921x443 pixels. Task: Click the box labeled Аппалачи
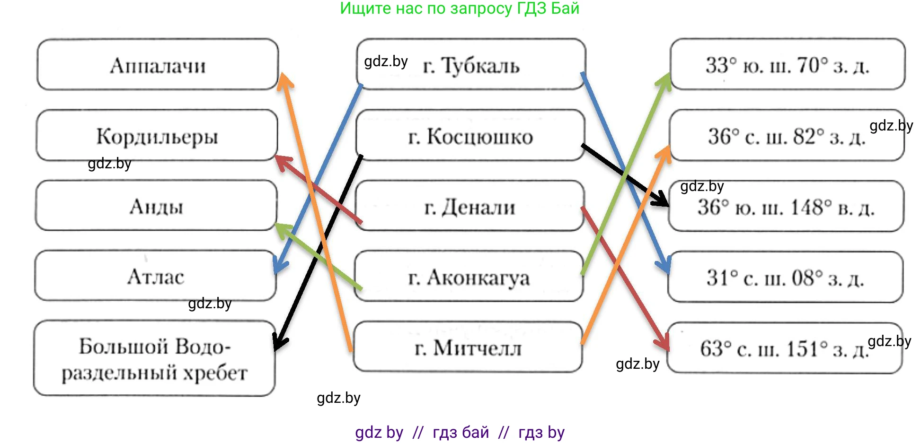158,65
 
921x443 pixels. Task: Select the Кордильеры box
157,136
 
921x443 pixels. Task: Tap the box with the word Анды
156,206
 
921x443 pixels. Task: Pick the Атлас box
155,276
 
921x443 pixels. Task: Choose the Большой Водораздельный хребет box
154,359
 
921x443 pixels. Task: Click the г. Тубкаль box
471,65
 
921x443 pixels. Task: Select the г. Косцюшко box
470,136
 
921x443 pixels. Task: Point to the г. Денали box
469,207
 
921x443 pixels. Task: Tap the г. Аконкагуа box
469,277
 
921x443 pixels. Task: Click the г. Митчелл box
468,347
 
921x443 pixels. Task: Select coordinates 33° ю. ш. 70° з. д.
788,65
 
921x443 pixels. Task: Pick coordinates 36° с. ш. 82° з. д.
787,136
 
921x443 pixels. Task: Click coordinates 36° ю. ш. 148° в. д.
786,207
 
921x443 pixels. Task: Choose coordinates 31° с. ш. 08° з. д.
785,278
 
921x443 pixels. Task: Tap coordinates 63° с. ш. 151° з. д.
784,349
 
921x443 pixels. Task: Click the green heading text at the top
460,9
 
